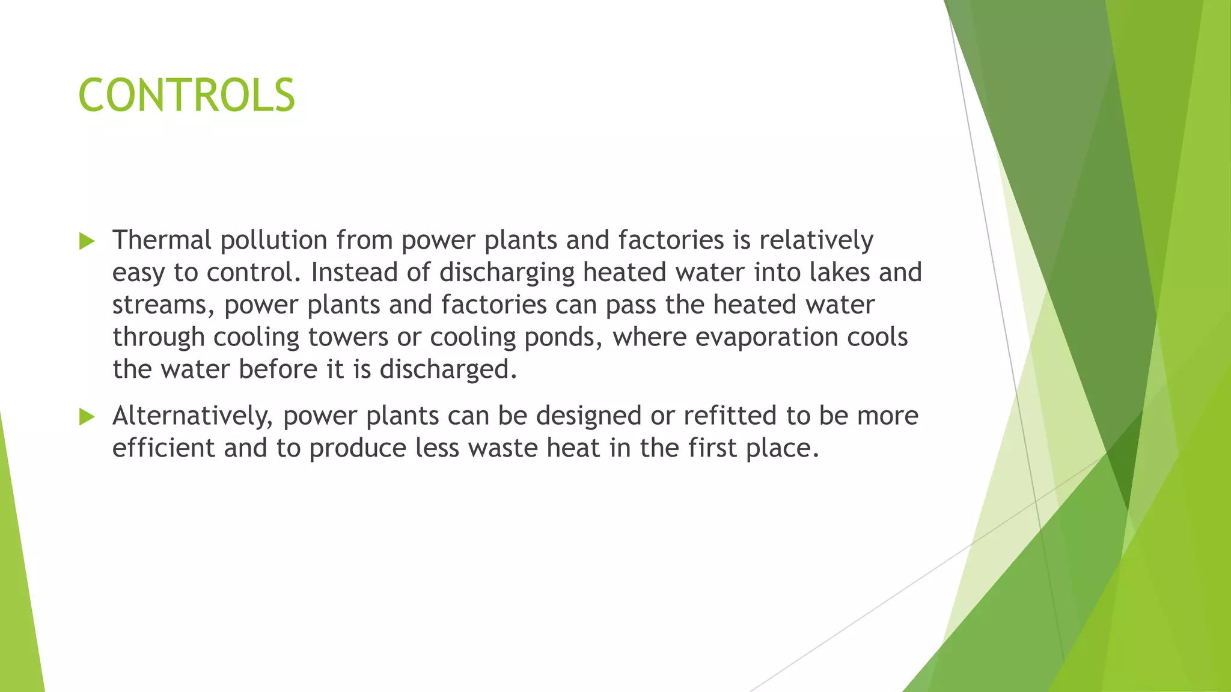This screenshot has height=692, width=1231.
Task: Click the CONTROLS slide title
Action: [186, 96]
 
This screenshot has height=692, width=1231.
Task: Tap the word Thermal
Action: [162, 240]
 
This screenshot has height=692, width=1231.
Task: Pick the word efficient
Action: [163, 448]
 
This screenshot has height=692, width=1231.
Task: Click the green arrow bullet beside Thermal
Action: [87, 241]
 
